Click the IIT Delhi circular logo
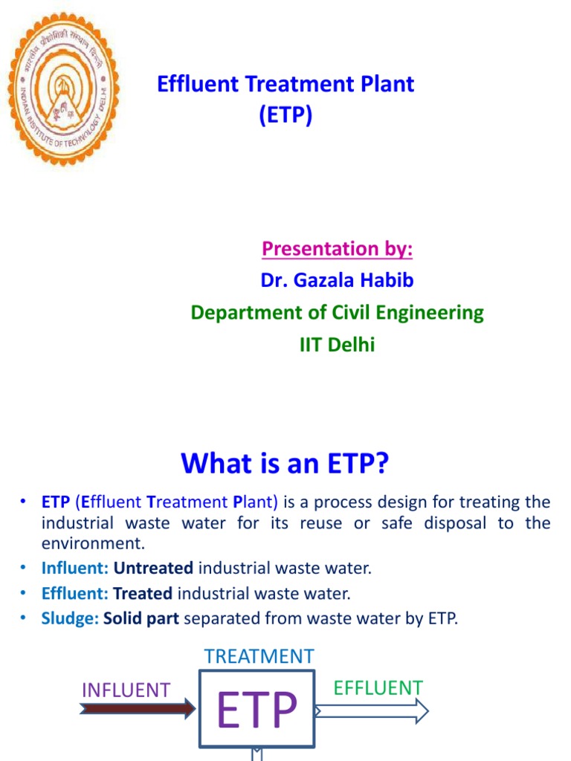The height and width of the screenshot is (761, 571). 62,88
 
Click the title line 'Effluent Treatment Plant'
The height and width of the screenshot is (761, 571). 285,84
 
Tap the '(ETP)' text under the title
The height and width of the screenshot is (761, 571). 285,116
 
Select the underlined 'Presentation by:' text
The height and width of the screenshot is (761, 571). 337,248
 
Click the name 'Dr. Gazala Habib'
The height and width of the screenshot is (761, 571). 337,280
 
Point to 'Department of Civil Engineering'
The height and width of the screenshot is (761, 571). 337,312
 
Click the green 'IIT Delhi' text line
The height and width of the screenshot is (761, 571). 337,344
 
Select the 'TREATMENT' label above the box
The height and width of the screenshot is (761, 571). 259,656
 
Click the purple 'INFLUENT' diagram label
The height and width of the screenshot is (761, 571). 126,690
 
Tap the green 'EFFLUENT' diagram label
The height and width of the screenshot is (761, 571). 378,687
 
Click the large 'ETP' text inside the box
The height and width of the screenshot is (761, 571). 257,710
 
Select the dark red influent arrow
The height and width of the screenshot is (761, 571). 137,710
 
